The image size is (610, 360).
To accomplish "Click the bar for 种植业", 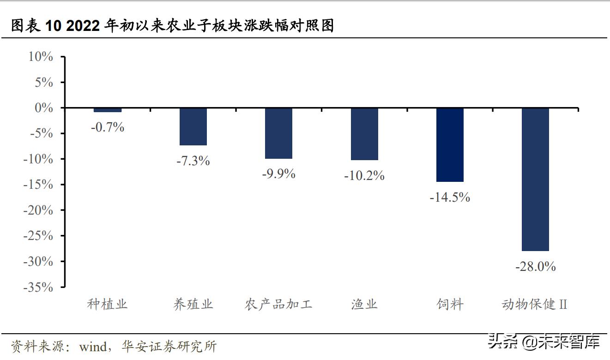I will tap(107, 110).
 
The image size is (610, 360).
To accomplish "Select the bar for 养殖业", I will tap(193, 126).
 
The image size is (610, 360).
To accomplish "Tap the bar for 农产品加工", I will tap(278, 133).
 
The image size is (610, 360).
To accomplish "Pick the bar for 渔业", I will tap(364, 134).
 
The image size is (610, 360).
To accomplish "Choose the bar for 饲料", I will tap(450, 144).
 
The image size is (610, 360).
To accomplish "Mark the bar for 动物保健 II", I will tap(535, 179).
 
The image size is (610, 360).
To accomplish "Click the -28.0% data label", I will tap(535, 266).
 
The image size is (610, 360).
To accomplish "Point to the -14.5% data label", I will tap(450, 198).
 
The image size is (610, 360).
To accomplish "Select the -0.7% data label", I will tap(107, 127).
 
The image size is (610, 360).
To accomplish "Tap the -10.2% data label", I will tap(364, 176).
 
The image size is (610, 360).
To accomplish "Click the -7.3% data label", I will tap(193, 161).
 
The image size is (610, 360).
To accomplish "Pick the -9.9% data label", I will tap(278, 174).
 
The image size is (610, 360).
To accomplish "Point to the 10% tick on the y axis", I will tap(41, 57).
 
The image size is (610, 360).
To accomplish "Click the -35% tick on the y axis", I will tap(38, 287).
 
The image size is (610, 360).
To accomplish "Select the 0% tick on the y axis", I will tap(44, 108).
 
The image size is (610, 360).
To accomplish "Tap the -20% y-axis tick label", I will tap(38, 210).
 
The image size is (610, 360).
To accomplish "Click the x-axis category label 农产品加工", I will tap(278, 305).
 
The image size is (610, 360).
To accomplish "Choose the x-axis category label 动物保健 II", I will tap(534, 305).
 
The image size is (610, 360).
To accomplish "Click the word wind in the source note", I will tap(93, 346).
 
